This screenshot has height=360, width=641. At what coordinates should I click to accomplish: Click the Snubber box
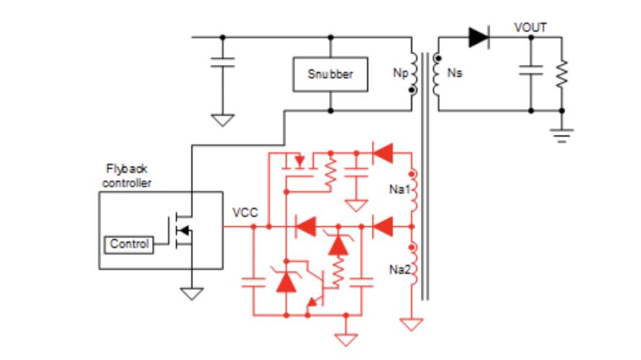pos(331,74)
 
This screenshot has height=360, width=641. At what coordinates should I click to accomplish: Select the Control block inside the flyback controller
pos(129,245)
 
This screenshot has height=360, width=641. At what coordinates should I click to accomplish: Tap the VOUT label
pos(530,27)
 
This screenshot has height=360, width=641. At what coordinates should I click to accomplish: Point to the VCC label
pos(245,212)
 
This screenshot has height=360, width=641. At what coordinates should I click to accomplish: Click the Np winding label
pos(400,73)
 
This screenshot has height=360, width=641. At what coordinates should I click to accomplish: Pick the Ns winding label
pos(454,73)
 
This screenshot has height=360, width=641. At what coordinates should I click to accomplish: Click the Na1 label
pos(400,189)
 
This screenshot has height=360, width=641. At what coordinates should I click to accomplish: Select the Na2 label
pos(400,269)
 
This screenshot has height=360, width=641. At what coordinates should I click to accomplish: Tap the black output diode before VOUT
pos(479,37)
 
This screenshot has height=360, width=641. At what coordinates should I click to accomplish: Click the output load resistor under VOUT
pos(562,73)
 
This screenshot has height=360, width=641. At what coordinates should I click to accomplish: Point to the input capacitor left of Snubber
pos(223,63)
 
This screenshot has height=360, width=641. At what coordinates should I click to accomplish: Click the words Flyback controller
pos(127,176)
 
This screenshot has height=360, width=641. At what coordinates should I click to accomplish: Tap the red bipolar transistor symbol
pos(315,284)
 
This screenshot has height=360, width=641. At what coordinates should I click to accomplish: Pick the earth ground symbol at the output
pos(562,135)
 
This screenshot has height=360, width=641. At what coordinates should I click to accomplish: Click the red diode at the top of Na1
pos(382,153)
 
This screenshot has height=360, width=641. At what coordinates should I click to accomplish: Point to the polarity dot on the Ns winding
pos(438,58)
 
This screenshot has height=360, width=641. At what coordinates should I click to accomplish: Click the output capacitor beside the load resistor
pos(531,70)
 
